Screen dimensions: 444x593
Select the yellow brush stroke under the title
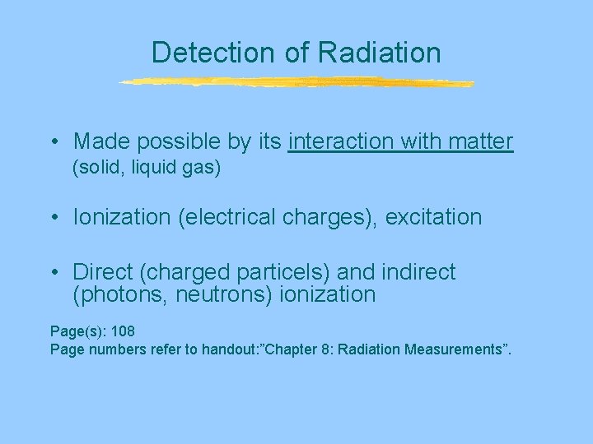(x=296, y=82)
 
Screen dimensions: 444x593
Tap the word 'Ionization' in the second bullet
(x=116, y=218)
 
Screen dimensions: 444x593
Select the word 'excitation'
(x=433, y=218)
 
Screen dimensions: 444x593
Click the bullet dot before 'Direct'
(x=53, y=273)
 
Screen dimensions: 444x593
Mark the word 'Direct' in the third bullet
(x=102, y=272)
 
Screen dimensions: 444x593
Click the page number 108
(x=122, y=331)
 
